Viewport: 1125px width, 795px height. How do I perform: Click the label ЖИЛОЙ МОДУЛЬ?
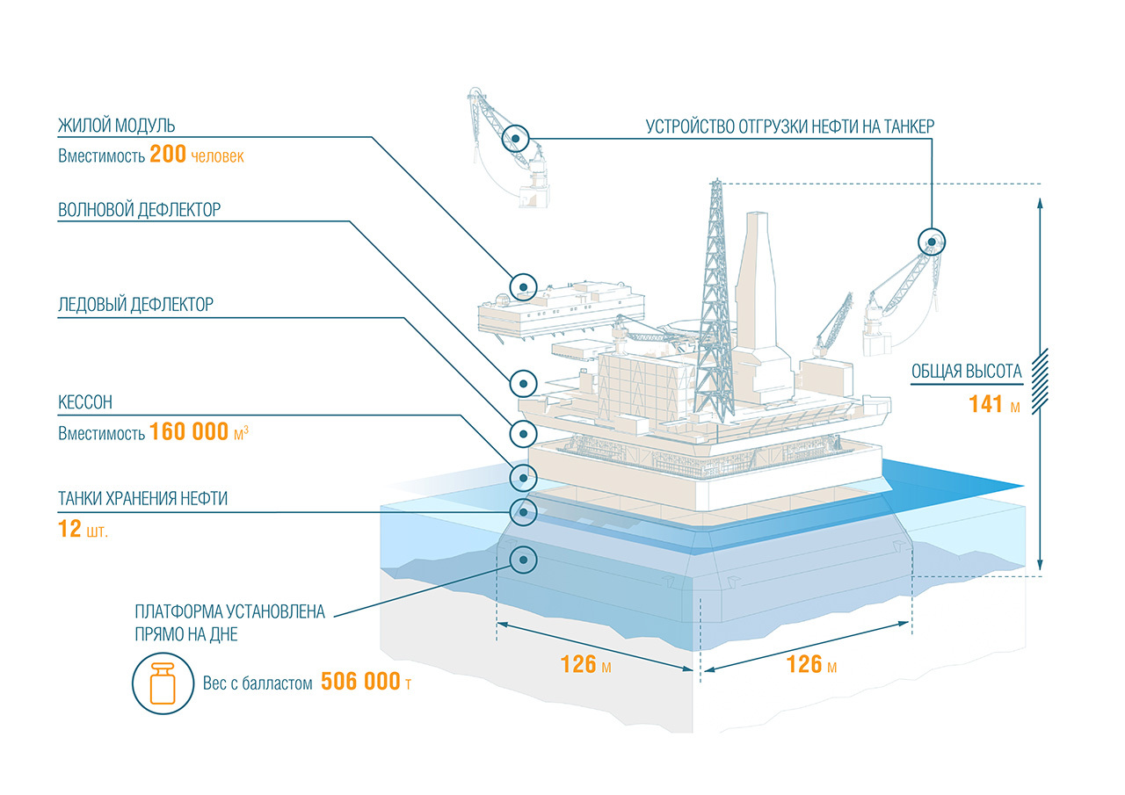[x=110, y=126]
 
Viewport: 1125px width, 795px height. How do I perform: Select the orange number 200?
[x=168, y=155]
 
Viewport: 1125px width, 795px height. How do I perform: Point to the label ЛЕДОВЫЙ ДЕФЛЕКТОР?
[x=135, y=305]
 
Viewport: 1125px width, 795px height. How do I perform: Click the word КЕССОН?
[x=85, y=402]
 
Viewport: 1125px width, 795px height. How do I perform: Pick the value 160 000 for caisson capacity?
[x=189, y=432]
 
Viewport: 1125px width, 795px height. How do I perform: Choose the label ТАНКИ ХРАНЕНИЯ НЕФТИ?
[x=143, y=499]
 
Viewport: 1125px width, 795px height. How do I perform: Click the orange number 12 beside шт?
[x=69, y=530]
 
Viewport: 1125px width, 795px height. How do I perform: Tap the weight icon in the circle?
[x=160, y=682]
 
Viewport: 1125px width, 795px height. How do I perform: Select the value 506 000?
[x=360, y=682]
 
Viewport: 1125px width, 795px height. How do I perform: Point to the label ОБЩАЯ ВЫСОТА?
[x=966, y=372]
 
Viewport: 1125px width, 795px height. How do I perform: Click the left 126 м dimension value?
[x=578, y=663]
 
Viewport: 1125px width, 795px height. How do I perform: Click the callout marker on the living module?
[x=523, y=285]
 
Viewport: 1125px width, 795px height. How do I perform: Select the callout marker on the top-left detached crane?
[x=515, y=138]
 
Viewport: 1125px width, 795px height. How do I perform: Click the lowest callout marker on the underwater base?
[x=523, y=559]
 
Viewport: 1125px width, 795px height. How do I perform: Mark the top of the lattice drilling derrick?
[x=715, y=184]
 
